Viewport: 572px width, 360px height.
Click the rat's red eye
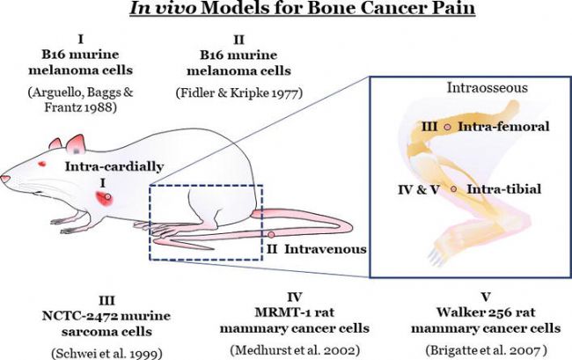tap(42, 164)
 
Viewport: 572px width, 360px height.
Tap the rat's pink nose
tap(5, 179)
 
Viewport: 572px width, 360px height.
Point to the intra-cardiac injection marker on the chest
tap(107, 196)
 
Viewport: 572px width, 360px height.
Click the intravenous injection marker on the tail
tap(271, 234)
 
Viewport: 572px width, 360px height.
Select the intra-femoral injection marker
tap(447, 127)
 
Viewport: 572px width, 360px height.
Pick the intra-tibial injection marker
tap(454, 189)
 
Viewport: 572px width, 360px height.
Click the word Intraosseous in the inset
tap(488, 88)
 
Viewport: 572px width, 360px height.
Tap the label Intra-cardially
tap(114, 166)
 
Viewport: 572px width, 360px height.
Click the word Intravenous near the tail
tap(326, 249)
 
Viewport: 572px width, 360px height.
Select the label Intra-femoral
tap(503, 127)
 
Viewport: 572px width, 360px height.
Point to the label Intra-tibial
tap(504, 189)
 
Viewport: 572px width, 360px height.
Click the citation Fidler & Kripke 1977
tap(239, 93)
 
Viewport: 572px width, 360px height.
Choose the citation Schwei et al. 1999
tap(106, 353)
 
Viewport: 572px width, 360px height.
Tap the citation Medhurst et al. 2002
tap(295, 350)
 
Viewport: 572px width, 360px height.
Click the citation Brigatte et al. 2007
tap(487, 350)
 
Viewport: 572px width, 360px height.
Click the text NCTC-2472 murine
tap(106, 315)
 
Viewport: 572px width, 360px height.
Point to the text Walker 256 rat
tap(486, 312)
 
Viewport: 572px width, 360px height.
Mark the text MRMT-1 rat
tap(295, 312)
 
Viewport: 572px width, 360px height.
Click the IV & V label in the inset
tap(419, 189)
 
